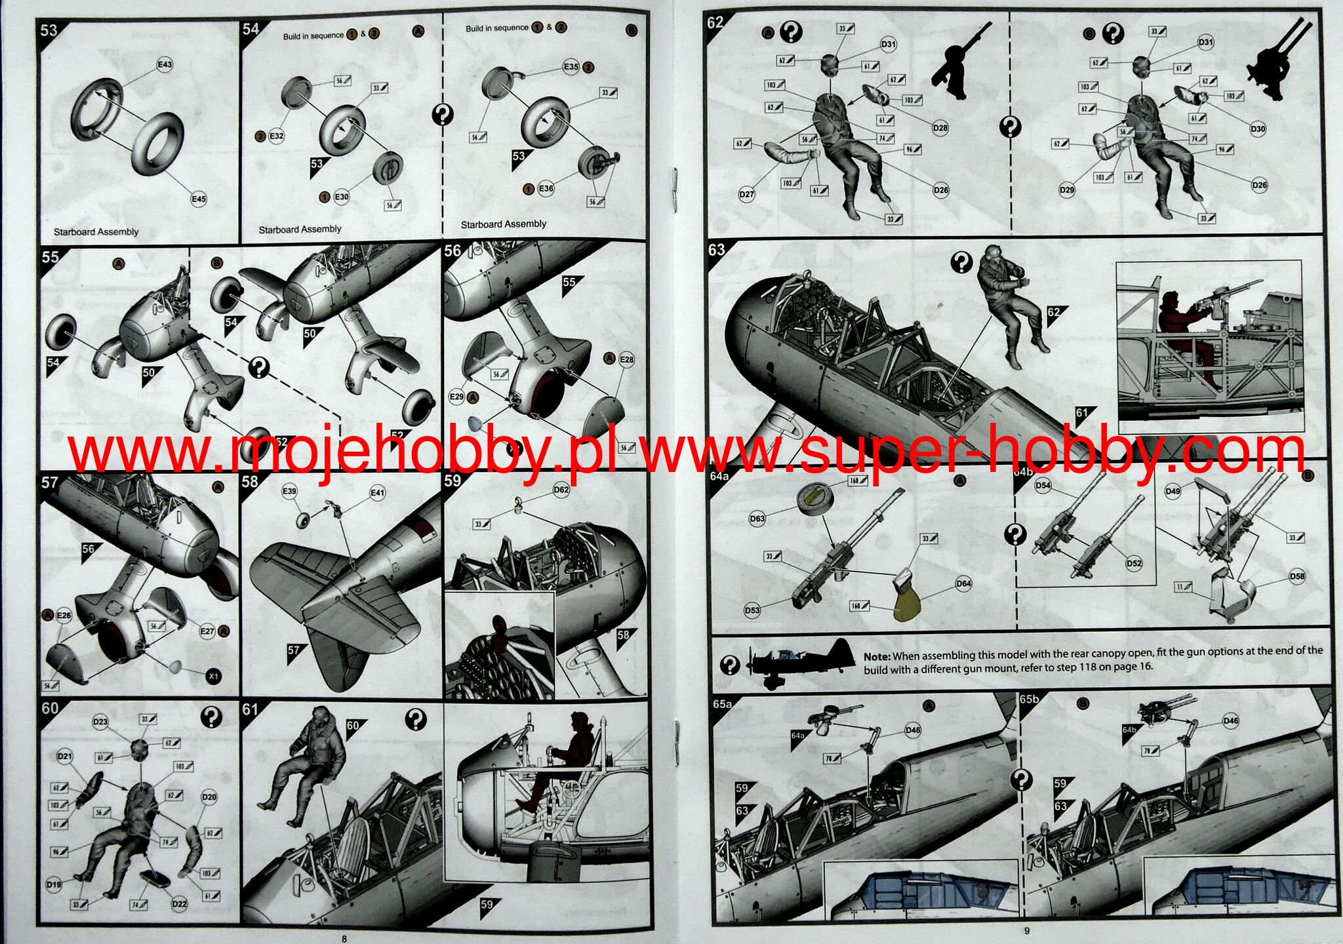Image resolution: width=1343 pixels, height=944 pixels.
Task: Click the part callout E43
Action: tap(165, 64)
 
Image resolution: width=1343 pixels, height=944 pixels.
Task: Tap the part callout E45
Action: tap(199, 199)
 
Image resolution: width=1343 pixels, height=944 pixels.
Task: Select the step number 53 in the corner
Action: tap(49, 30)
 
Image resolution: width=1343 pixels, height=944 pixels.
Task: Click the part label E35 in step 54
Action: tap(571, 67)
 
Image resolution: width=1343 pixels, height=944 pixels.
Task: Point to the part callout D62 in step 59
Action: tap(561, 490)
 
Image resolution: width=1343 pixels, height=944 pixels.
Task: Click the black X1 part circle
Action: tap(213, 676)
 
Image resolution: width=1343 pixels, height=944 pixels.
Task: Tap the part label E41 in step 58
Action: tap(378, 493)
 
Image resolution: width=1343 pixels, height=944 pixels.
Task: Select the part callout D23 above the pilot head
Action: tap(100, 722)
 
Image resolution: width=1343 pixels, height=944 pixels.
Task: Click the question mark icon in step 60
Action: tap(211, 717)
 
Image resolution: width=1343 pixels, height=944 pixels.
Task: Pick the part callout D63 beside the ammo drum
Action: tap(757, 519)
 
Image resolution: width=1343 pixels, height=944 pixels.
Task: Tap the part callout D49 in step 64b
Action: tap(1173, 491)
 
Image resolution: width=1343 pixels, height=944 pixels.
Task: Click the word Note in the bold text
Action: tap(876, 656)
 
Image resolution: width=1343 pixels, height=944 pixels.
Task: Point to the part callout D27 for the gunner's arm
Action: tap(747, 194)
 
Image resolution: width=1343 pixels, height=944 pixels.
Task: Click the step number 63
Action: tap(717, 250)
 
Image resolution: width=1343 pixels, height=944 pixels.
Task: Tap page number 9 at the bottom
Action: tap(1027, 931)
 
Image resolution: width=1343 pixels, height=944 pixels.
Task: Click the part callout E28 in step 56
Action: tap(627, 360)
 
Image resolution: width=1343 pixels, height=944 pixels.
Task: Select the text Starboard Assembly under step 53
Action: tap(96, 232)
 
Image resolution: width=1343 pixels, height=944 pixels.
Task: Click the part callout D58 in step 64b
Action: tap(1296, 577)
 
